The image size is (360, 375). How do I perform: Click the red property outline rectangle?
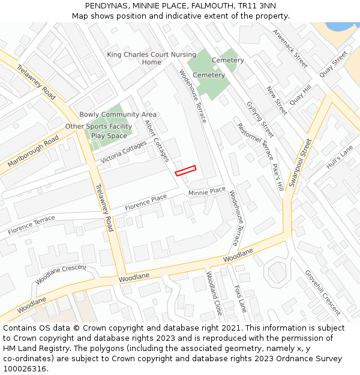coord(185,170)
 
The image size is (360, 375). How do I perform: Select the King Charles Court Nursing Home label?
coord(152,58)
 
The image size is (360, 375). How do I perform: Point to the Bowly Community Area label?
coord(118,115)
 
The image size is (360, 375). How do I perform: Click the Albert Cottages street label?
coord(157,140)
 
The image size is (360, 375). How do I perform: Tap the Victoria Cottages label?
coord(124,152)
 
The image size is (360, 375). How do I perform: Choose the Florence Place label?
coord(146,202)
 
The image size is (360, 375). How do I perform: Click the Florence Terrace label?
coord(31,226)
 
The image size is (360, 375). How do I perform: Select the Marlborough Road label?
coord(33,151)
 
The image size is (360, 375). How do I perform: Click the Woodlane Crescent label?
coord(61,275)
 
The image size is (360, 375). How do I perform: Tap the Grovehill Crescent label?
coord(323,292)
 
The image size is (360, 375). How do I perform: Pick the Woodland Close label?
coord(214,293)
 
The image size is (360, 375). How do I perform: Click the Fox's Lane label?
coord(240,298)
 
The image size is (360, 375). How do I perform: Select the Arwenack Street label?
coord(290,48)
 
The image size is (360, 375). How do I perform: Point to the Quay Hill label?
coord(301,94)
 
